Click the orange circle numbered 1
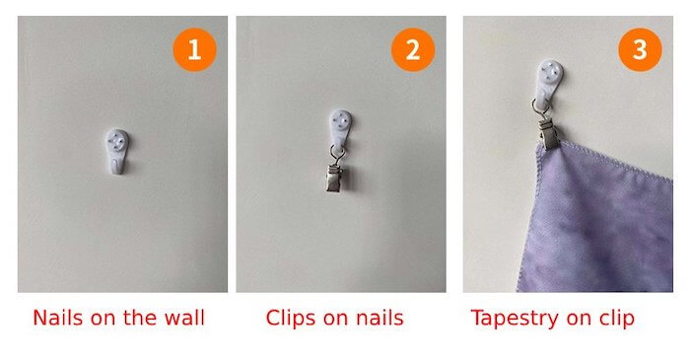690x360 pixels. click(194, 49)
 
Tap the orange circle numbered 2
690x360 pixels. click(413, 49)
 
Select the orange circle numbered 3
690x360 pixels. click(640, 49)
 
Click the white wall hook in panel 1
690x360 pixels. click(117, 151)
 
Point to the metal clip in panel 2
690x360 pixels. click(336, 178)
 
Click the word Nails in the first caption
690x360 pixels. click(57, 318)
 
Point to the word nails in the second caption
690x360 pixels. click(379, 318)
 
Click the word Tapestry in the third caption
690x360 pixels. click(515, 319)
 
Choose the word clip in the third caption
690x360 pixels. click(617, 319)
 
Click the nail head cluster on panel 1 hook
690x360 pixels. click(117, 139)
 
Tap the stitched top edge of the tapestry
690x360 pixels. click(605, 161)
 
